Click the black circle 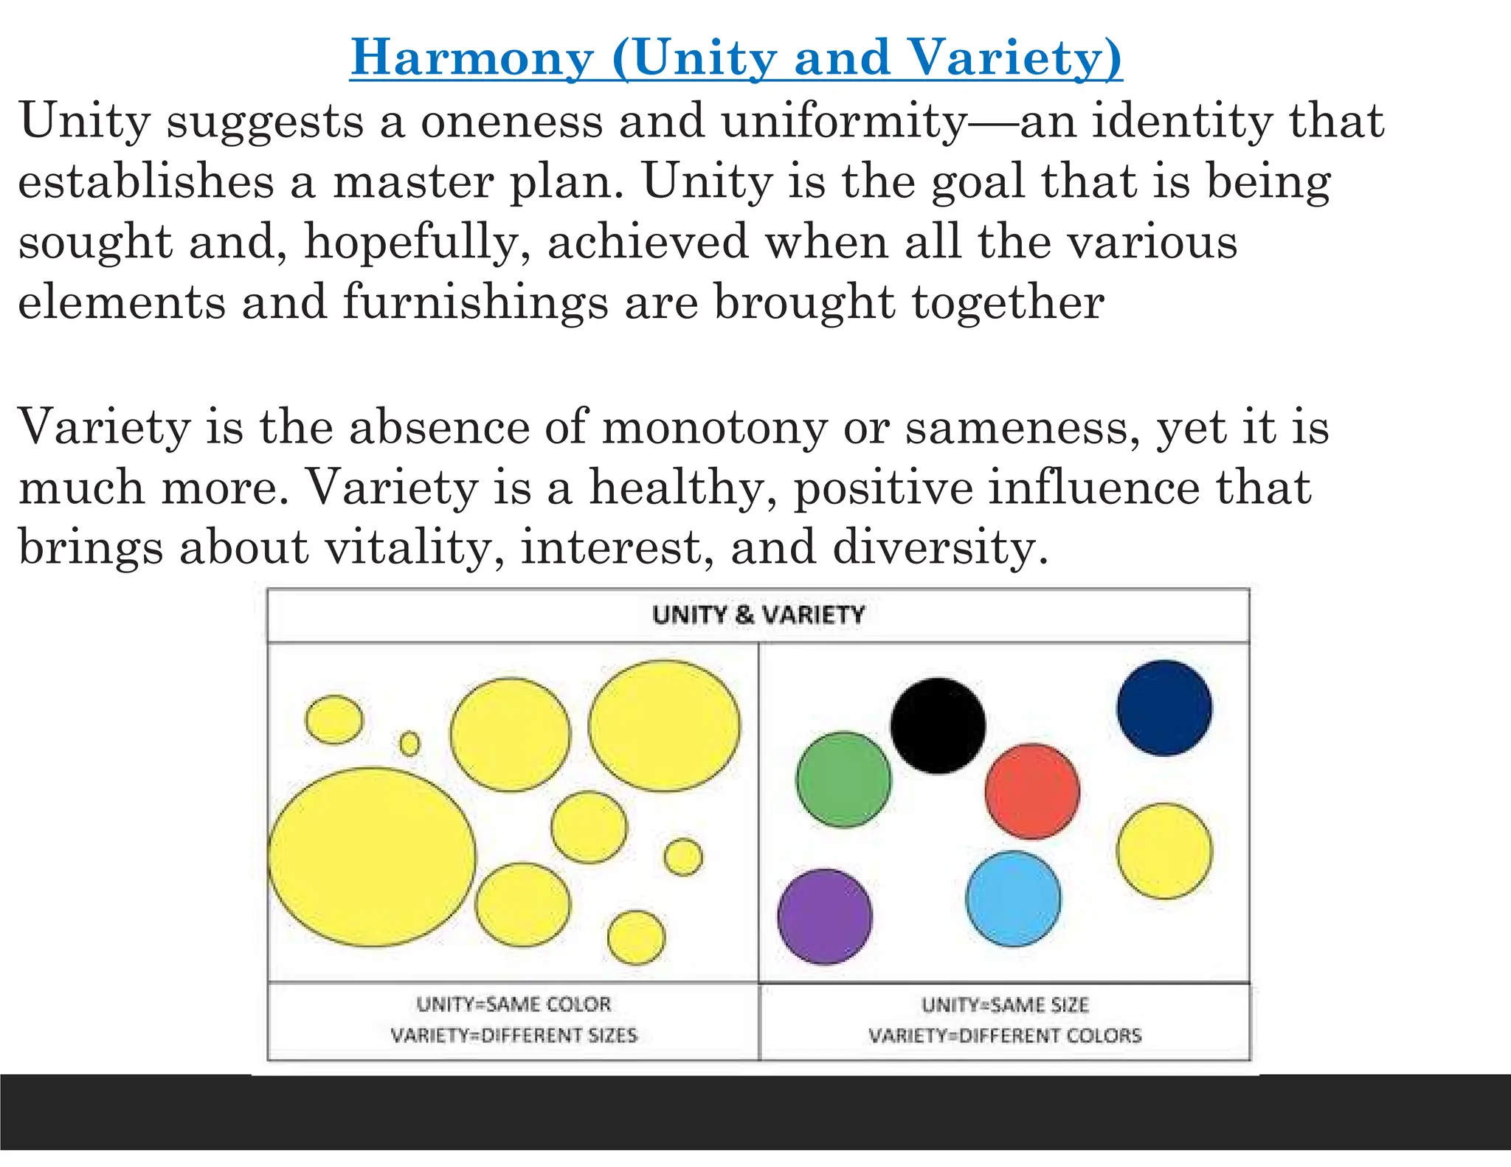pos(938,726)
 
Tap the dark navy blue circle pos(1164,707)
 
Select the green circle pos(843,779)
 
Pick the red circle pos(1032,791)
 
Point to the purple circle pos(825,916)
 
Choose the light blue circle pos(1014,898)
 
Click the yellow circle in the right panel pos(1164,851)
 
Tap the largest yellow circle pos(372,857)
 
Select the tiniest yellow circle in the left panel pos(409,744)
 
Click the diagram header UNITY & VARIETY pos(758,614)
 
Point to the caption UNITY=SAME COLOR pos(514,1004)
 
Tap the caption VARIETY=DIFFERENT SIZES pos(514,1035)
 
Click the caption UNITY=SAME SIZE pos(1005,1005)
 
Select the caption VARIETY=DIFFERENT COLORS pos(1005,1036)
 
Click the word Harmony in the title pos(472,58)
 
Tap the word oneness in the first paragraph pos(512,121)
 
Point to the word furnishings pos(475,302)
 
